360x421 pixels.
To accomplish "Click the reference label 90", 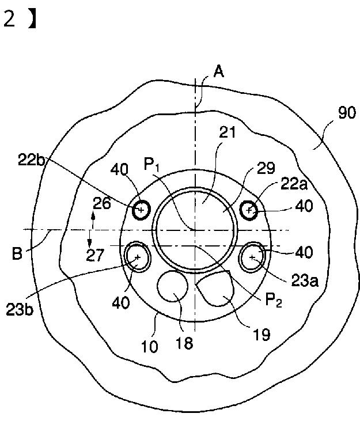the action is (x=347, y=113).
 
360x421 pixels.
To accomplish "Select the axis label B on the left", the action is (x=17, y=253).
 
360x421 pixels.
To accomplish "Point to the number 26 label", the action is (x=101, y=204).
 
